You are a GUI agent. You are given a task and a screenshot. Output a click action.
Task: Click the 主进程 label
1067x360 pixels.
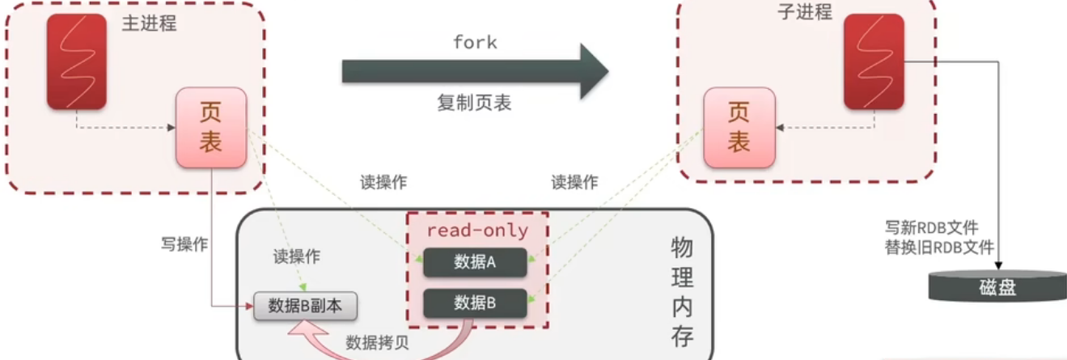pyautogui.click(x=149, y=23)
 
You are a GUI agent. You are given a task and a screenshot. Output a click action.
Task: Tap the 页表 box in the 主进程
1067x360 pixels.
pyautogui.click(x=211, y=128)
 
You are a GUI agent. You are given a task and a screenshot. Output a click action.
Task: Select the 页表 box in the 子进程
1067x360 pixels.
pyautogui.click(x=739, y=128)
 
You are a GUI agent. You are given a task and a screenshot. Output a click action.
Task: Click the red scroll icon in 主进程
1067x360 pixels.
pyautogui.click(x=76, y=61)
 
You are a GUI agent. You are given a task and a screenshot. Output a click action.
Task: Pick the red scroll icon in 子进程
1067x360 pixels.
pyautogui.click(x=874, y=61)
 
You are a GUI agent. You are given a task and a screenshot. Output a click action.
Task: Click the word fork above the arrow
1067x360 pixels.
pyautogui.click(x=475, y=42)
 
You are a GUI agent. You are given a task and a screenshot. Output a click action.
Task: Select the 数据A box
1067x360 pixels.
pyautogui.click(x=475, y=261)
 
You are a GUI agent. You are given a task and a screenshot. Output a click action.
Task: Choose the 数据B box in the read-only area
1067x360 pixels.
pyautogui.click(x=475, y=303)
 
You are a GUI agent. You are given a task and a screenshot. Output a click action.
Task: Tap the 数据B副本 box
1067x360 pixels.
pyautogui.click(x=306, y=306)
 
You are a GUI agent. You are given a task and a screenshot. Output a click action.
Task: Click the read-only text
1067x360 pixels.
pyautogui.click(x=477, y=231)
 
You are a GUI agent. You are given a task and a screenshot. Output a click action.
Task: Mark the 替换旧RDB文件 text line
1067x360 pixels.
pyautogui.click(x=939, y=248)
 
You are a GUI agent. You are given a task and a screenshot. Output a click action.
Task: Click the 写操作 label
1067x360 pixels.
pyautogui.click(x=184, y=243)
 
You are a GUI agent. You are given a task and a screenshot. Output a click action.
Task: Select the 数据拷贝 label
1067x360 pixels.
pyautogui.click(x=377, y=341)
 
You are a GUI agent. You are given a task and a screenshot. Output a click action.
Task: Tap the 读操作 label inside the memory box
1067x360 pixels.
pyautogui.click(x=296, y=257)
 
